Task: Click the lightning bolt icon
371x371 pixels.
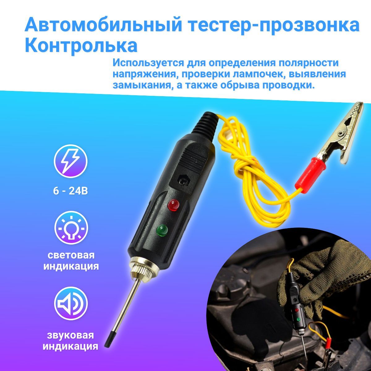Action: click(x=70, y=161)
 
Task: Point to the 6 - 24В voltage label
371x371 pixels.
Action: click(x=70, y=191)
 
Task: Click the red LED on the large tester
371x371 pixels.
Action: click(x=173, y=205)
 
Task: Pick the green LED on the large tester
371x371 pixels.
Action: click(x=162, y=231)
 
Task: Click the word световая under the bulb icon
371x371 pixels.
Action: click(x=71, y=255)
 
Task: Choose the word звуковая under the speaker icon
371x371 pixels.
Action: click(x=70, y=330)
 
